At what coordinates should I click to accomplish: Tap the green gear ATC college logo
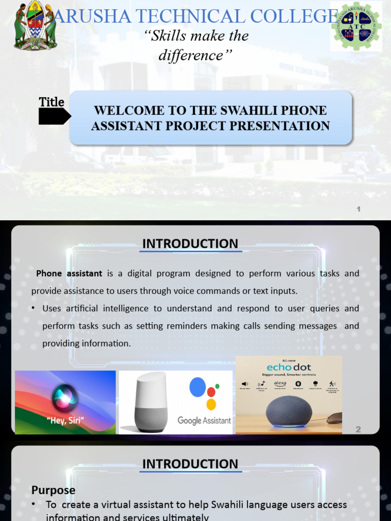pos(356,26)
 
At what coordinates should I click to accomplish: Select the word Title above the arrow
pos(52,102)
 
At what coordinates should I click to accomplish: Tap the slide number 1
pos(358,209)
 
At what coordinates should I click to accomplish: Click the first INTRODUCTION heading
pos(190,244)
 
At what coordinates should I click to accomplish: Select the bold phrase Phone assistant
pos(69,273)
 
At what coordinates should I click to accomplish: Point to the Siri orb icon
pos(65,397)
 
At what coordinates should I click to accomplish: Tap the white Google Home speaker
pos(151,402)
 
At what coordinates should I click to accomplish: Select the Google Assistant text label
pos(204,421)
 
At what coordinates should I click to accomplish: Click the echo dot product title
pos(289,367)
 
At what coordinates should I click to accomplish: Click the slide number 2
pos(358,429)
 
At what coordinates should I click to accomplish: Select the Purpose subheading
pos(53,490)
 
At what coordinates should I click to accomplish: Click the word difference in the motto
pos(190,55)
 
